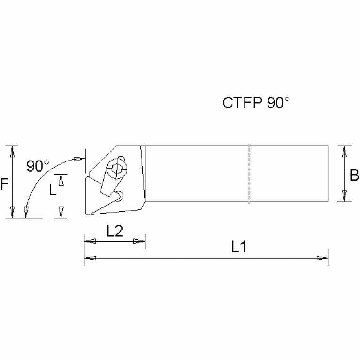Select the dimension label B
pos(354,176)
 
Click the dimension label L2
pos(114,231)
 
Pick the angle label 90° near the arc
pos(38,166)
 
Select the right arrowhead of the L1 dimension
pos(322,258)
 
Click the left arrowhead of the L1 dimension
pos(90,258)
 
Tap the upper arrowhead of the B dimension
pos(345,151)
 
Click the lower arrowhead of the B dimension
pos(345,197)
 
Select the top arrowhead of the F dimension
pos(13,151)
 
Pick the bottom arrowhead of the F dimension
pos(13,212)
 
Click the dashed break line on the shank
pos(249,174)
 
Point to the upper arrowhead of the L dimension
pos(61,180)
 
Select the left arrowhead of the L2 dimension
pos(90,241)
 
